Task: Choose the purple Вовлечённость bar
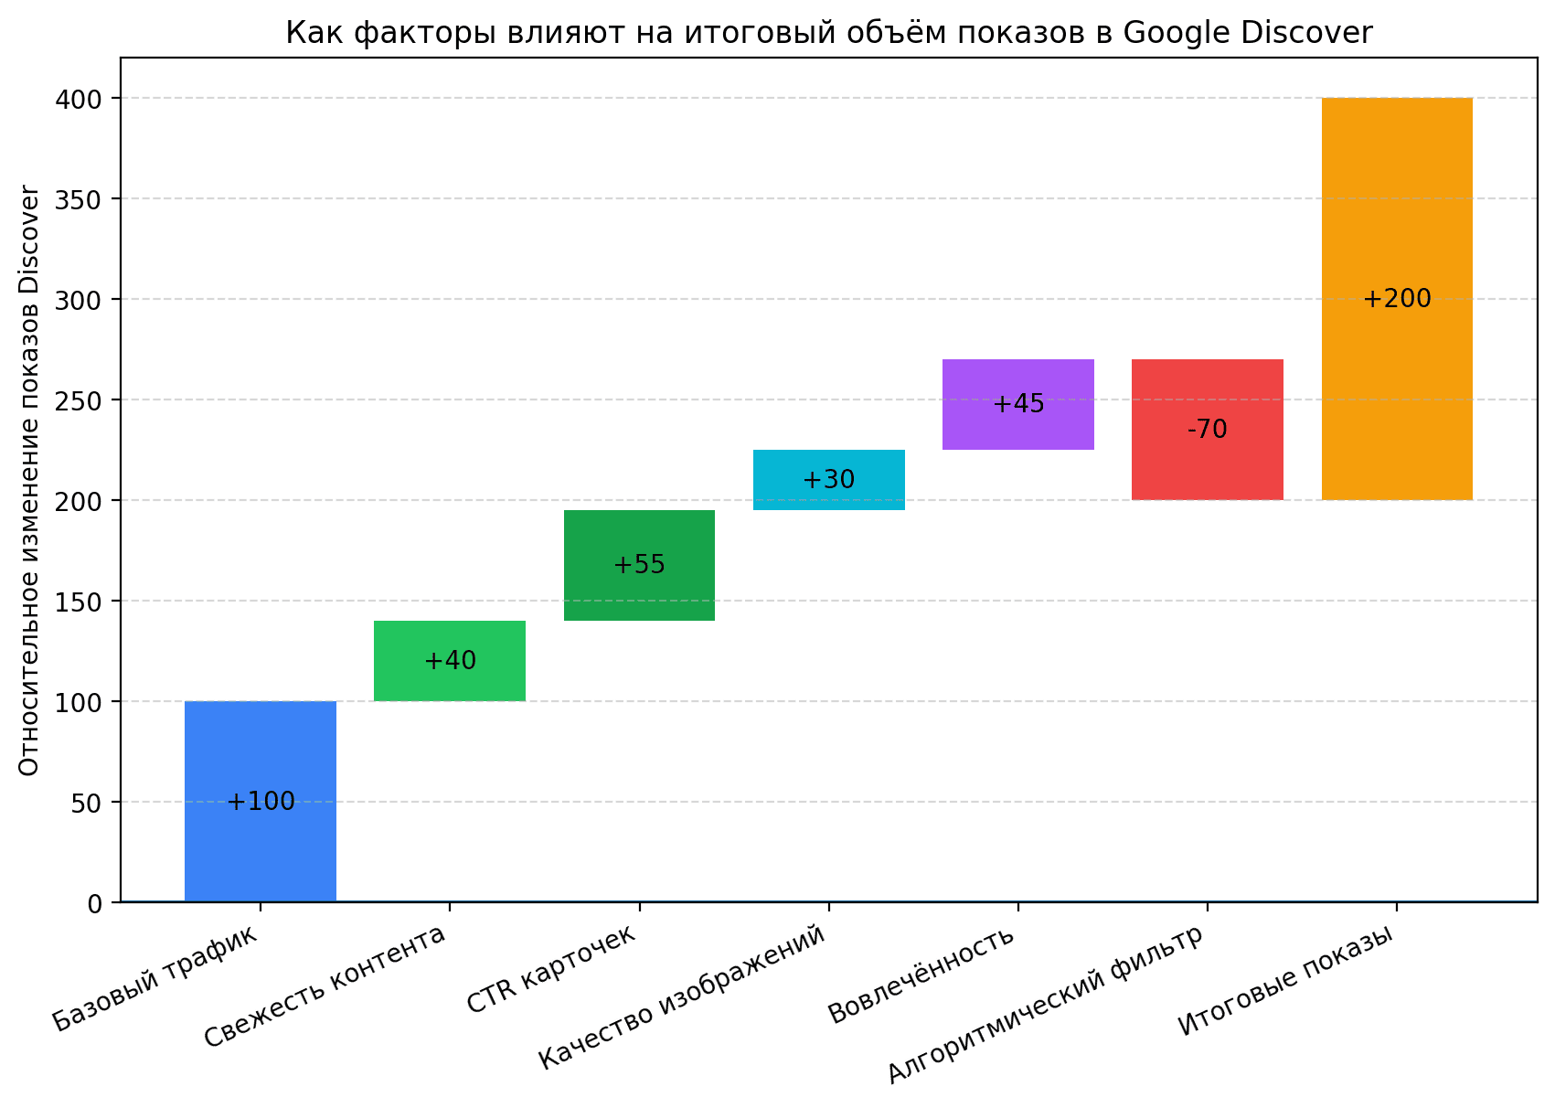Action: [x=1018, y=430]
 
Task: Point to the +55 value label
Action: [x=639, y=565]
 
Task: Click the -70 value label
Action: [x=1208, y=429]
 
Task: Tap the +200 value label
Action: [x=1397, y=299]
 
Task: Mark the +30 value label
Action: [x=829, y=480]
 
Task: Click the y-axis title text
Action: [x=29, y=480]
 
